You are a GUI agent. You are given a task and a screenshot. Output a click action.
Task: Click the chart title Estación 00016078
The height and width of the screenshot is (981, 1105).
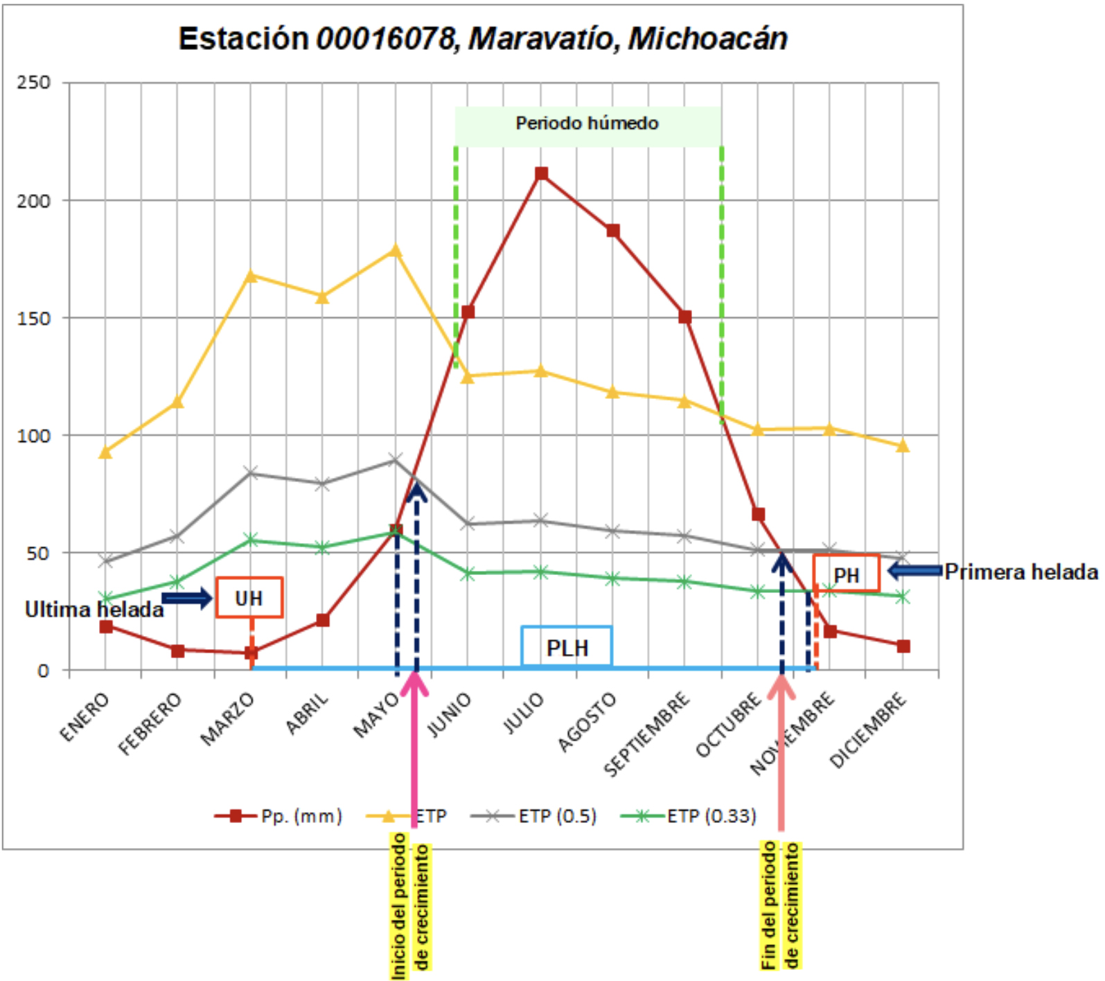point(483,39)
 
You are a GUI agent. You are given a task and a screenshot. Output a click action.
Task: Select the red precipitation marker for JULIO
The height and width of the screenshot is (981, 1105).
point(542,173)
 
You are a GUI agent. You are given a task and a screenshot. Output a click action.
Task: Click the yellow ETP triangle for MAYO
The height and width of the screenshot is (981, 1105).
point(396,251)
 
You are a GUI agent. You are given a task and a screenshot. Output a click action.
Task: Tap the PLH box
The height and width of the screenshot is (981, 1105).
point(567,647)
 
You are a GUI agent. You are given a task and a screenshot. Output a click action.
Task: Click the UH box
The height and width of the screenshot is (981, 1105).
point(249,597)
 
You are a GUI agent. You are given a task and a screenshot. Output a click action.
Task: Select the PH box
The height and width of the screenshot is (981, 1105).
point(846,574)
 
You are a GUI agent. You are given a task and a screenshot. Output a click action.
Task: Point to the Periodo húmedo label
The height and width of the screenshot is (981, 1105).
point(587,124)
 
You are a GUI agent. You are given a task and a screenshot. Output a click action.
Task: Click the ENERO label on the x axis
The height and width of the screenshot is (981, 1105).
point(85,717)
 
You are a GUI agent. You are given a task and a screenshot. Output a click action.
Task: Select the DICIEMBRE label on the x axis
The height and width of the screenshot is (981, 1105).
point(869,730)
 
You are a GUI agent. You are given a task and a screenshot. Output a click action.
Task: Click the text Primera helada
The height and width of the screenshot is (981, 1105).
point(1021,572)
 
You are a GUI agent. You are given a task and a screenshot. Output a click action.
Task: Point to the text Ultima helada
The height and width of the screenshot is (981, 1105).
point(94,610)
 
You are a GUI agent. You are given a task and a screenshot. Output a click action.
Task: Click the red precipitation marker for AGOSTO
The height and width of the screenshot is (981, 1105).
point(613,231)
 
